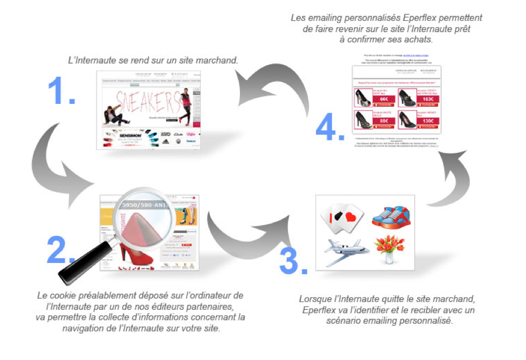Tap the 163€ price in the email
click(428, 99)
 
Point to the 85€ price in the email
click(383, 120)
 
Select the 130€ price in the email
click(428, 121)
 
